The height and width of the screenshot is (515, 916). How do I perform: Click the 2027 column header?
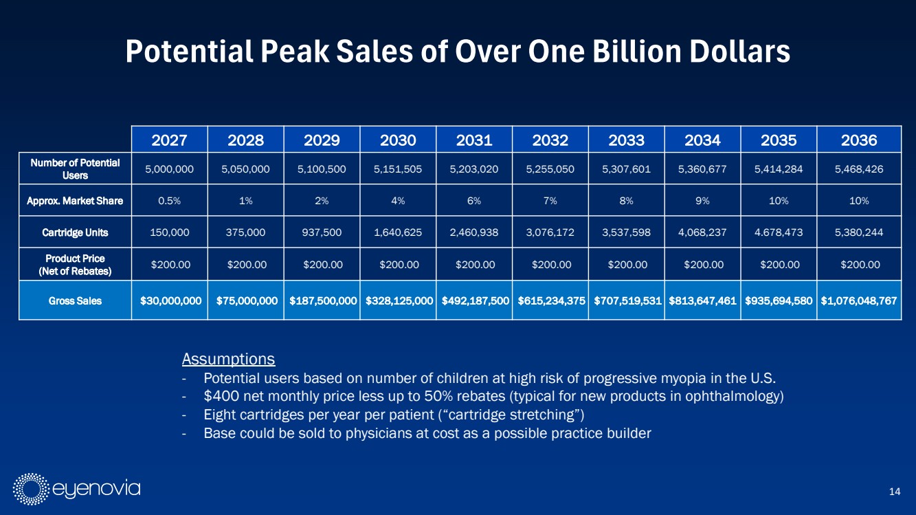pos(170,140)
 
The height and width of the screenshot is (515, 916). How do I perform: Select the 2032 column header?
pos(550,140)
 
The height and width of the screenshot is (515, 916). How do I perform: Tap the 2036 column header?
pos(858,140)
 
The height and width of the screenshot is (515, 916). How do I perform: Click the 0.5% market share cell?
pos(170,201)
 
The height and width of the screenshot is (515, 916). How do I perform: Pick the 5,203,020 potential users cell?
pos(473,168)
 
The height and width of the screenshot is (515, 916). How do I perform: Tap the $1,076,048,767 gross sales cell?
pos(858,300)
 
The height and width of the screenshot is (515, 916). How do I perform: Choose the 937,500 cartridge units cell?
pos(322,232)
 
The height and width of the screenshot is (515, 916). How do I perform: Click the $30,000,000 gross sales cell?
pos(170,300)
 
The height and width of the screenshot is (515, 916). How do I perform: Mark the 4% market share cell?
pos(398,201)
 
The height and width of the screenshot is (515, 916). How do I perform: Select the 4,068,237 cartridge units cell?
pos(702,232)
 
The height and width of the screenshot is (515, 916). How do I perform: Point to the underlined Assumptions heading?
pos(228,359)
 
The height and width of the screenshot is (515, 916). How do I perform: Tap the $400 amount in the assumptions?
pos(218,397)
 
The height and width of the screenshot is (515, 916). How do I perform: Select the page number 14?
pos(894,490)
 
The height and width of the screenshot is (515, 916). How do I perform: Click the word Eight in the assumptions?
pos(219,415)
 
